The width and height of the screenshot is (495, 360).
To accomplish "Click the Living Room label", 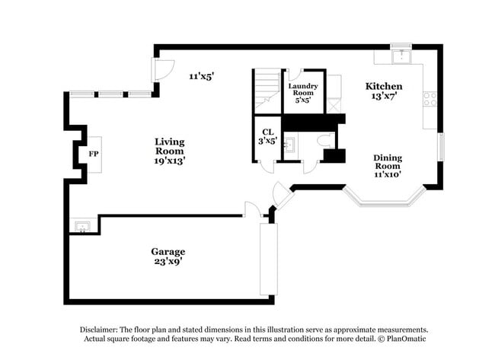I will [170, 142].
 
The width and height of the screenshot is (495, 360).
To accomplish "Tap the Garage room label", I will [168, 251].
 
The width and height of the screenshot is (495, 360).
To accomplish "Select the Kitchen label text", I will [383, 86].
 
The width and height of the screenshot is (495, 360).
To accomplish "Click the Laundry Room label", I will [302, 90].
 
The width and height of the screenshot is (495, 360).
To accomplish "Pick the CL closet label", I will [268, 132].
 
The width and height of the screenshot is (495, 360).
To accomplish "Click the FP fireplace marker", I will [94, 154].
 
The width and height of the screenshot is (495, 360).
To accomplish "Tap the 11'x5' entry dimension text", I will [202, 76].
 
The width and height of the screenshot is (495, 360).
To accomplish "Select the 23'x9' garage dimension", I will [168, 262].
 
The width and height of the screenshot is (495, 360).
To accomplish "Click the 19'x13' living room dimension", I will [170, 161].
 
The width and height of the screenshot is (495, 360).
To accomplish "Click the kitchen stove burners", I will [430, 98].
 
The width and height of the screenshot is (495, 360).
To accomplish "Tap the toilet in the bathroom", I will [324, 141].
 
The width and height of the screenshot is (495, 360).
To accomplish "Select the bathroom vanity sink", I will [289, 143].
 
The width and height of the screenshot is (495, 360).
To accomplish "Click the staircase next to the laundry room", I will [267, 90].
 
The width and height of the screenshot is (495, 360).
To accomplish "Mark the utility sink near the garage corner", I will [81, 226].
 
